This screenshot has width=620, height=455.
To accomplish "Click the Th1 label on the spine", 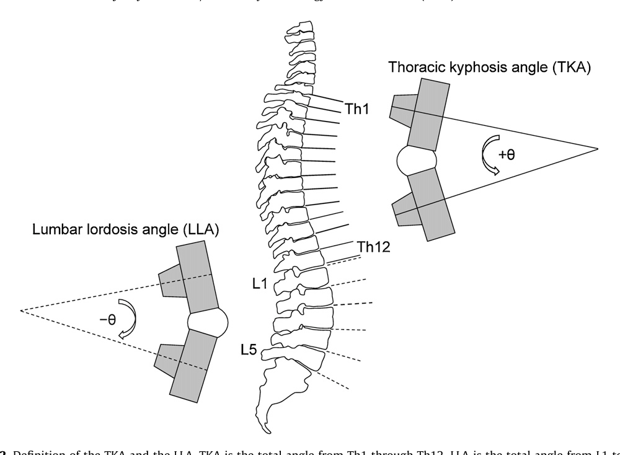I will [x=356, y=108].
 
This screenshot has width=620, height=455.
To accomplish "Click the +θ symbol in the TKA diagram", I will [x=506, y=155].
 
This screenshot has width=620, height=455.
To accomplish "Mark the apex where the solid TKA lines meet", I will [x=597, y=149].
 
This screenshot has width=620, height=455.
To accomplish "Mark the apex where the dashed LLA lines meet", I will [x=20, y=310].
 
